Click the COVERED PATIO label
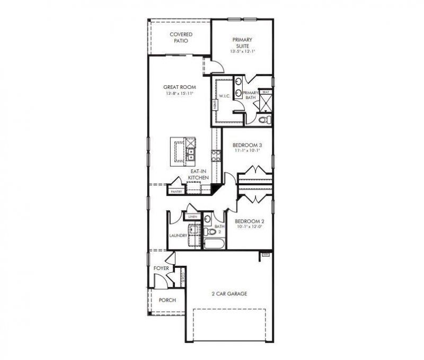pos(181,38)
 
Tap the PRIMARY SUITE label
pos(241,46)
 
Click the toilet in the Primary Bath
pos(263,120)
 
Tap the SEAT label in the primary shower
pos(266,92)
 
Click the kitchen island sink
pos(191,154)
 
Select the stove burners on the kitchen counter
pos(216,155)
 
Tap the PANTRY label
pos(176,191)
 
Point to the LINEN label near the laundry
pos(192,217)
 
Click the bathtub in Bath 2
pos(215,244)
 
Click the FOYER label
pos(161,268)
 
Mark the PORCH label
pos(167,300)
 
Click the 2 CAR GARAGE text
pos(229,294)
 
